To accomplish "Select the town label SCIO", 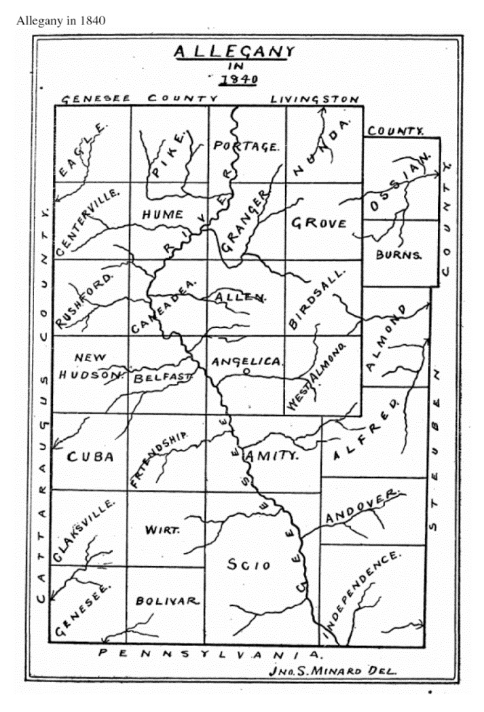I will point(249,565).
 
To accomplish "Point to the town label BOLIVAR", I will point(167,601).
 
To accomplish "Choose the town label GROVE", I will point(319,223).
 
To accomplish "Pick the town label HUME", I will point(160,214).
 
